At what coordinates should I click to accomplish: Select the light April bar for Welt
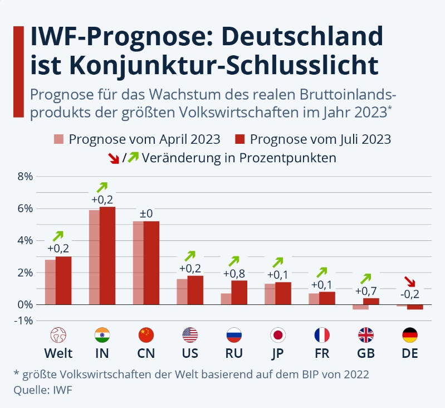(50, 282)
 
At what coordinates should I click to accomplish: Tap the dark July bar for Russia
(239, 292)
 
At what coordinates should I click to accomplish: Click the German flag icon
(409, 334)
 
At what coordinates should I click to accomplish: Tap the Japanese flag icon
(277, 334)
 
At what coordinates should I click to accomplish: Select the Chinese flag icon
(146, 334)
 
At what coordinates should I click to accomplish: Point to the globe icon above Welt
(58, 334)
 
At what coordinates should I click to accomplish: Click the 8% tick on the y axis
(26, 177)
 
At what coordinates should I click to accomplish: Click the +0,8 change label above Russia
(234, 273)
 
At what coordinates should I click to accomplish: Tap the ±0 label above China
(145, 213)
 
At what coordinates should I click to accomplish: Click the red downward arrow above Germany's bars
(409, 281)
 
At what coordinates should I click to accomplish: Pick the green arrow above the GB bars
(365, 278)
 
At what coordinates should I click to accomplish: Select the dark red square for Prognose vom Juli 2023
(241, 139)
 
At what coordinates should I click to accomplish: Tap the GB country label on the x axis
(365, 353)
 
